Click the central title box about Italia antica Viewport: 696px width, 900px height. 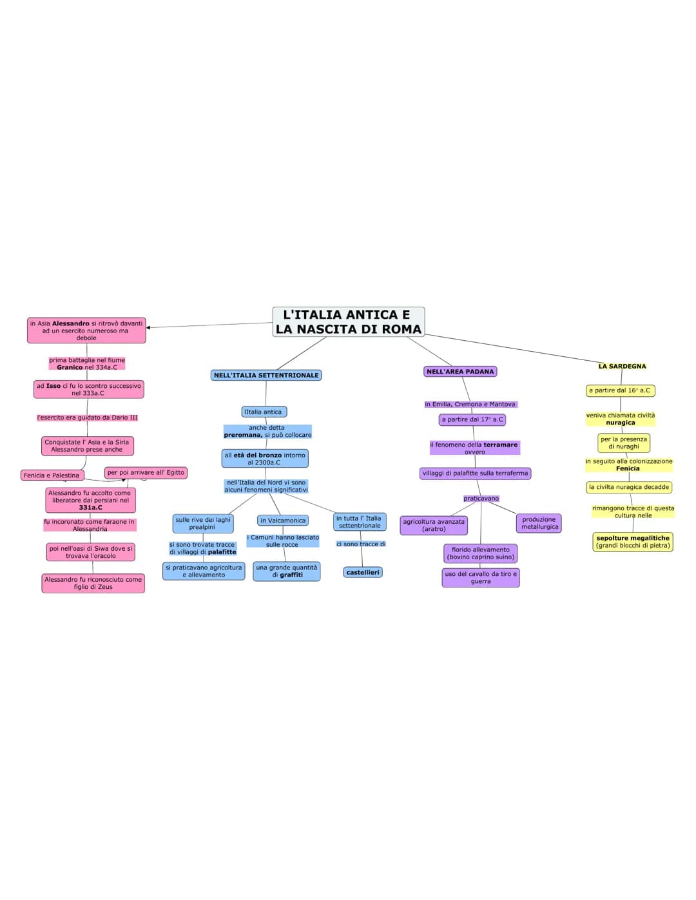point(349,321)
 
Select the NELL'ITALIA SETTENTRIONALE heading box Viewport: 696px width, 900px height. point(266,375)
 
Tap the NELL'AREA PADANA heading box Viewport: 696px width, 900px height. point(460,371)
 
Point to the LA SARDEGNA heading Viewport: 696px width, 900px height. point(622,366)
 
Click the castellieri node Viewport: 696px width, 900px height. point(363,572)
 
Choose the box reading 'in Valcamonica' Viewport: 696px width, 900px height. point(283,521)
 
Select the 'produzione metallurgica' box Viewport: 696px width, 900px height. point(539,523)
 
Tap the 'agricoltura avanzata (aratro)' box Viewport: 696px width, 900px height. point(434,526)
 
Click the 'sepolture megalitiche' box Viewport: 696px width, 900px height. point(633,541)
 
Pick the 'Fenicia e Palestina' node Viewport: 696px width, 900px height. point(52,475)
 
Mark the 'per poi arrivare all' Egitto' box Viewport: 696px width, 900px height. point(146,472)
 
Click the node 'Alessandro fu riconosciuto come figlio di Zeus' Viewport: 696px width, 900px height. point(93,583)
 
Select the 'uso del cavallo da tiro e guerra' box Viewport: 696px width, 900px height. point(481,577)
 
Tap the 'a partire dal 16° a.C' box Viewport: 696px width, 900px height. point(620,390)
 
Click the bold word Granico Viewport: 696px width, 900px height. point(70,367)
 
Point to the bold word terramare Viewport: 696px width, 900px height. point(501,445)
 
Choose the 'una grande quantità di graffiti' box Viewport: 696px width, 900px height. point(287,571)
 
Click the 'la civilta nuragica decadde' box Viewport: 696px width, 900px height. point(629,487)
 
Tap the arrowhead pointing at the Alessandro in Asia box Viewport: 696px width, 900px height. point(149,327)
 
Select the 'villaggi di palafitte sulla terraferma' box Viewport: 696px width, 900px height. point(475,474)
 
